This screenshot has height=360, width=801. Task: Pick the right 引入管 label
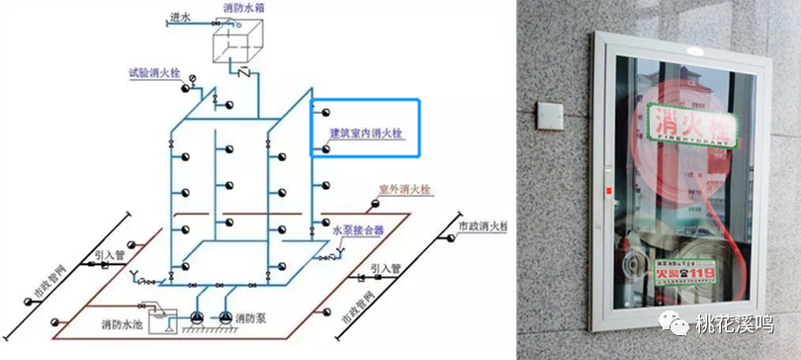386,268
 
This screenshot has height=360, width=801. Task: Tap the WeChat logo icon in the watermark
679,322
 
